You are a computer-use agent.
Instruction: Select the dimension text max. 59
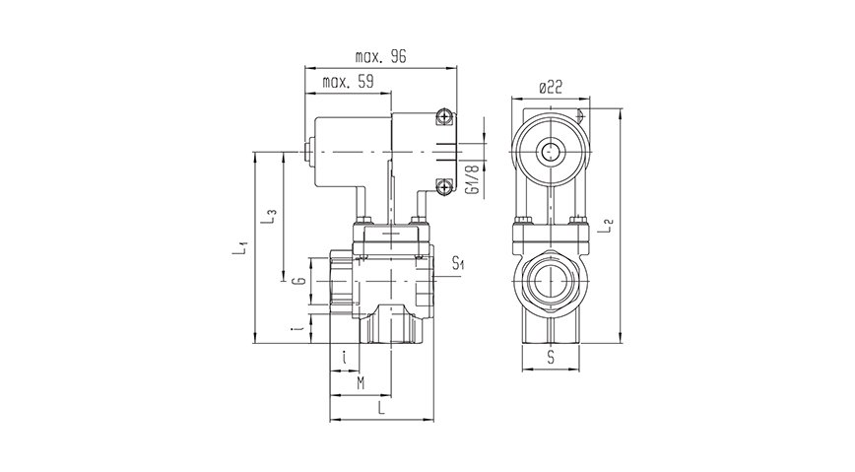click(x=349, y=84)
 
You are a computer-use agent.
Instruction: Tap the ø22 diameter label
click(x=550, y=88)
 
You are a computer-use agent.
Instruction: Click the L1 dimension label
click(x=241, y=247)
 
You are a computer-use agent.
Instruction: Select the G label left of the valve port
click(x=298, y=282)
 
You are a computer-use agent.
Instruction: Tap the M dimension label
click(x=361, y=381)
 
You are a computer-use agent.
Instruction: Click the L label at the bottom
click(x=379, y=407)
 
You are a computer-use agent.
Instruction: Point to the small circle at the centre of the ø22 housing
click(x=549, y=152)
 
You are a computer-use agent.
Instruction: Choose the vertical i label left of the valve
click(x=297, y=328)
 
